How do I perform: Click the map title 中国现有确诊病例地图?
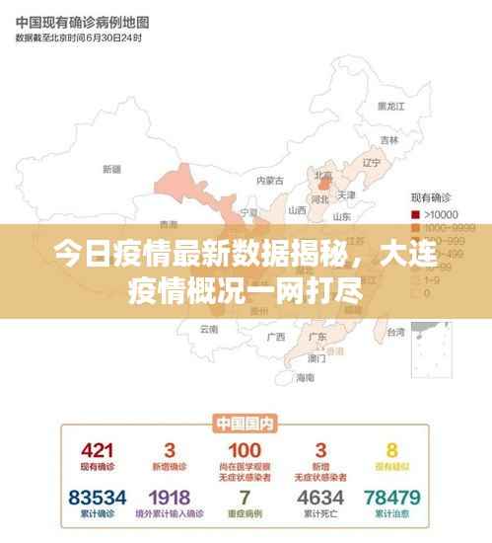(x=81, y=20)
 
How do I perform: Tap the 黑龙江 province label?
(x=391, y=106)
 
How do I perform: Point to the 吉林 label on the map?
(x=390, y=139)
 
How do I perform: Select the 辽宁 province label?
(x=371, y=162)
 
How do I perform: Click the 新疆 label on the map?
(x=111, y=169)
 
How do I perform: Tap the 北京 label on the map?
(x=322, y=175)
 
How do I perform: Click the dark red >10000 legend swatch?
(x=415, y=214)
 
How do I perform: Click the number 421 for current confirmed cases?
(x=97, y=450)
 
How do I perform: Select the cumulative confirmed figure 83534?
(x=97, y=496)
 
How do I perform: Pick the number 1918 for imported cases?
(x=170, y=496)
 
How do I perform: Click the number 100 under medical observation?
(x=245, y=450)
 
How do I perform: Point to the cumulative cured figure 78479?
(x=391, y=496)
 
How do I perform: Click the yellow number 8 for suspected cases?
(x=391, y=450)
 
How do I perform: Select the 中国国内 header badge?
(x=245, y=425)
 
